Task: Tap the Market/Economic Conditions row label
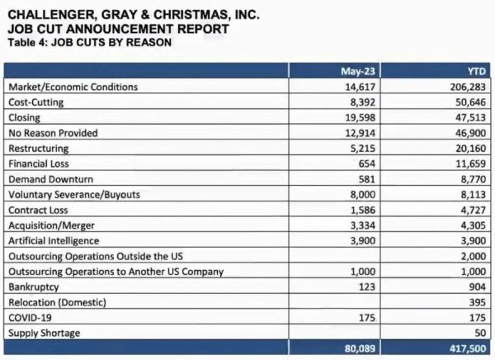click(73, 87)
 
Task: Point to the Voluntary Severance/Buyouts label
click(74, 194)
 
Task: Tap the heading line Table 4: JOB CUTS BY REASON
click(89, 42)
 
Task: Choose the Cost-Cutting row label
click(35, 102)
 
